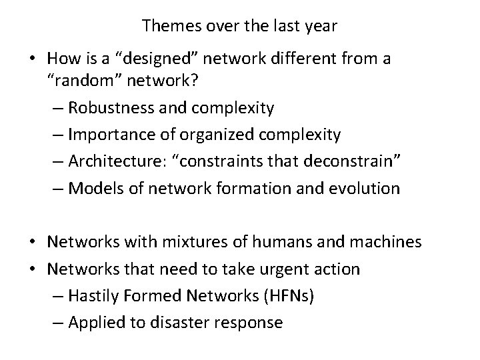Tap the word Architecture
pos(113,162)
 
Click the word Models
pos(93,189)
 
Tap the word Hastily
pos(93,296)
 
